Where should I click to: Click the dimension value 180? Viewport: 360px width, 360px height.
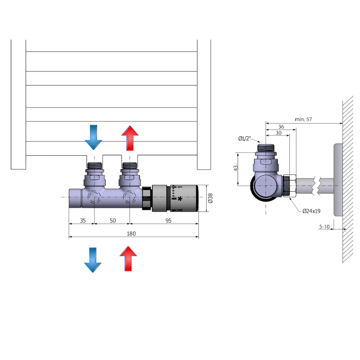coord(131,234)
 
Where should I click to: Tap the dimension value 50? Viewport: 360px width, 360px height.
coord(112,220)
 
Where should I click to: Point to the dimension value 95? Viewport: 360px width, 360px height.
coord(168,220)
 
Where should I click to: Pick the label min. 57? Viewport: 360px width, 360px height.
coord(303,119)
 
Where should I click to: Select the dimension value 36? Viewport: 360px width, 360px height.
coord(281,126)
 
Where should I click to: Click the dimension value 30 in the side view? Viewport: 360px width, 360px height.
coord(279,133)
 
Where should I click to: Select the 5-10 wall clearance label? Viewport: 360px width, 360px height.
coord(324,227)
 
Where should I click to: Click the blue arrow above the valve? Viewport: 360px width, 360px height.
coord(94,137)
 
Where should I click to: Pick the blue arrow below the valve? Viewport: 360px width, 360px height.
coord(93,259)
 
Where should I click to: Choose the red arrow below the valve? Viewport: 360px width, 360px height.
coord(128,259)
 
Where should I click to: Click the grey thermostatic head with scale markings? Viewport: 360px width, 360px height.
coord(175,198)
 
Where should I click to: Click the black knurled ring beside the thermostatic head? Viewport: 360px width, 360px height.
coord(147,199)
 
